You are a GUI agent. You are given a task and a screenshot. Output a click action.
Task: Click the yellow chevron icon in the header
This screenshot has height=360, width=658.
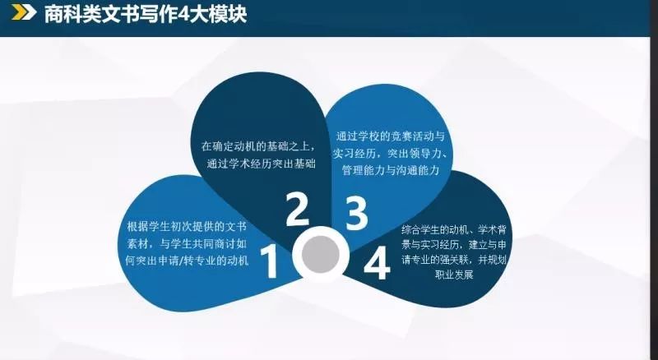[x=24, y=12]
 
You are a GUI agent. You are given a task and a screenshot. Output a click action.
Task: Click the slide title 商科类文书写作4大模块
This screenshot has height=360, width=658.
[x=146, y=14]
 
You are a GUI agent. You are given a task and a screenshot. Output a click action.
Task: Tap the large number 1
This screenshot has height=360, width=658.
[x=270, y=262]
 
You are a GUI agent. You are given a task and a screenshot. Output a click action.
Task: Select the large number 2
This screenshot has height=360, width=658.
[x=297, y=209]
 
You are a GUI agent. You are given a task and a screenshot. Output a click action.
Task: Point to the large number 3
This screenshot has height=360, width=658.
[x=356, y=214]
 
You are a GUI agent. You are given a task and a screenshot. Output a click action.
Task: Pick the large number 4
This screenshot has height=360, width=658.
[x=377, y=263]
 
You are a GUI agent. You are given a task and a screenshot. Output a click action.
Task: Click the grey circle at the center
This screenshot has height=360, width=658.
[x=321, y=253]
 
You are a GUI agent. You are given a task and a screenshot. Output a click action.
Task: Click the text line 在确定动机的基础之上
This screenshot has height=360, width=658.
[x=258, y=147]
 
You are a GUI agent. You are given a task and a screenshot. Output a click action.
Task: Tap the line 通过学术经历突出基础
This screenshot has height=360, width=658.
[x=261, y=164]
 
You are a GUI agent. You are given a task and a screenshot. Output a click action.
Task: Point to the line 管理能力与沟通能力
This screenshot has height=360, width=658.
[x=391, y=170]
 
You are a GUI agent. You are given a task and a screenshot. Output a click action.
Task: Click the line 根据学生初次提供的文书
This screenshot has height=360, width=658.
[x=187, y=227]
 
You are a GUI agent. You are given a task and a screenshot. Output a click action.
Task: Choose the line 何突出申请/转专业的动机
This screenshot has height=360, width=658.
[x=188, y=261]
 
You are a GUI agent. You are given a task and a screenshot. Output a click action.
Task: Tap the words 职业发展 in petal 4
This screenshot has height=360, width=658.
[x=454, y=275]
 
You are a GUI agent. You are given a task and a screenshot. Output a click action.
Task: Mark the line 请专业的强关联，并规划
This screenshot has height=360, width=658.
[x=454, y=260]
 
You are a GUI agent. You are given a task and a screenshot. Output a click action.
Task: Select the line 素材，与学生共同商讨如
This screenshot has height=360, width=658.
[x=188, y=244]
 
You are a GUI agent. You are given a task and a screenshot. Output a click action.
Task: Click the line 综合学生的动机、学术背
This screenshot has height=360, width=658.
[x=454, y=230]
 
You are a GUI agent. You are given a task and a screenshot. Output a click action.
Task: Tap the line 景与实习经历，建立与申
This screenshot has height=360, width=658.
[x=454, y=245]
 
